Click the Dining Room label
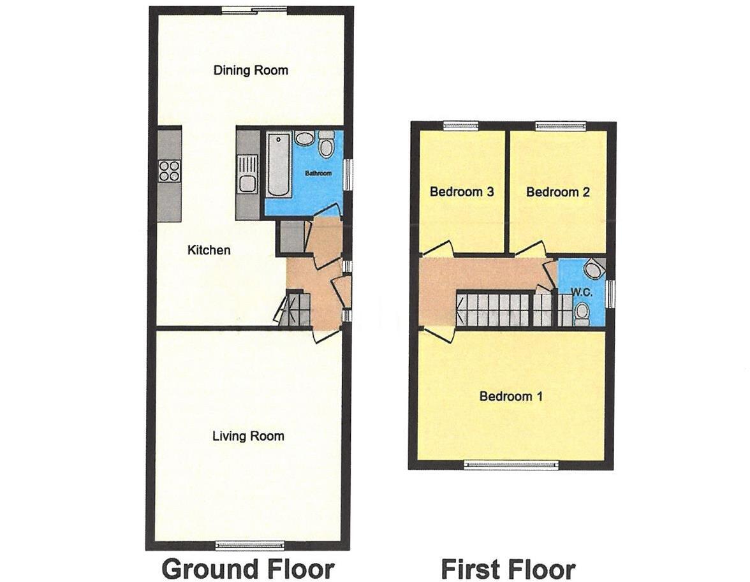click(x=251, y=70)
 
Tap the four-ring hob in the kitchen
click(x=169, y=171)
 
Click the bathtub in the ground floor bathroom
click(x=279, y=164)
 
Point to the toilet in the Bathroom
click(x=326, y=145)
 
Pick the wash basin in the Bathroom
click(x=304, y=139)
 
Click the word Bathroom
click(x=318, y=173)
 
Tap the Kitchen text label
click(x=209, y=251)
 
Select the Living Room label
click(x=248, y=436)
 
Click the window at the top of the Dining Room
click(x=254, y=10)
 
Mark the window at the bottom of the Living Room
click(x=249, y=545)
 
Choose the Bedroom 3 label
click(x=462, y=192)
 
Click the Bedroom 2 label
click(x=557, y=192)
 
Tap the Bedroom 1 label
click(x=511, y=396)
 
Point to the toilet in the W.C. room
click(x=581, y=312)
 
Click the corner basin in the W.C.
click(x=595, y=269)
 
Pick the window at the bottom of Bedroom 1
click(x=511, y=465)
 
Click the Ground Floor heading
click(x=247, y=568)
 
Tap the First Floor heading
click(x=508, y=568)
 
